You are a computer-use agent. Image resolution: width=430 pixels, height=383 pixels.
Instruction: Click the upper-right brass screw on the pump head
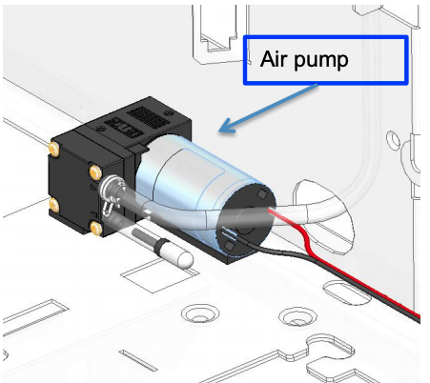(x=95, y=171)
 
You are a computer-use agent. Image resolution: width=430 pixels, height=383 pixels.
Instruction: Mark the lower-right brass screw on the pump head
(x=94, y=227)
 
